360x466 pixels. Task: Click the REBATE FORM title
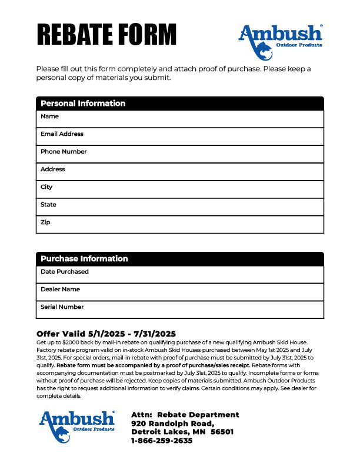pyautogui.click(x=106, y=34)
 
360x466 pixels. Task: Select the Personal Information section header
pyautogui.click(x=83, y=104)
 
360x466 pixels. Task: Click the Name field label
pyautogui.click(x=49, y=116)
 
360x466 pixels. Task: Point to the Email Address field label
pyautogui.click(x=62, y=134)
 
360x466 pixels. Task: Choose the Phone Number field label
pyautogui.click(x=64, y=152)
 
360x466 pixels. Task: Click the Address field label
pyautogui.click(x=53, y=169)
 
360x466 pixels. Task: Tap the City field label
pyautogui.click(x=46, y=187)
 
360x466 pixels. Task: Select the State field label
pyautogui.click(x=48, y=205)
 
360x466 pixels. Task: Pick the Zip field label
pyautogui.click(x=45, y=222)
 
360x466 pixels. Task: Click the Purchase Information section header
pyautogui.click(x=84, y=259)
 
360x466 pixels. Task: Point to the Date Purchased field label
pyautogui.click(x=65, y=272)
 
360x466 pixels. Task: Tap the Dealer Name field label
pyautogui.click(x=60, y=289)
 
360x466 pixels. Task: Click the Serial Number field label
pyautogui.click(x=62, y=307)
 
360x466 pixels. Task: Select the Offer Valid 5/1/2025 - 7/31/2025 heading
pyautogui.click(x=106, y=333)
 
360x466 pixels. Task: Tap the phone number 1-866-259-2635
pyautogui.click(x=162, y=441)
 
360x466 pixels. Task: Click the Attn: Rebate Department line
pyautogui.click(x=185, y=415)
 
